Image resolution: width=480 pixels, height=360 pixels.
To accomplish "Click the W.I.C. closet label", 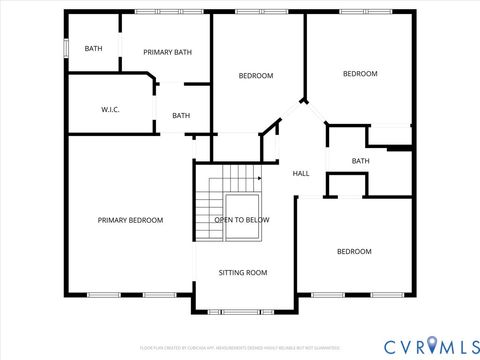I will coord(110,109).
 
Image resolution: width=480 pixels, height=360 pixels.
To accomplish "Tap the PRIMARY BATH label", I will coord(167,52).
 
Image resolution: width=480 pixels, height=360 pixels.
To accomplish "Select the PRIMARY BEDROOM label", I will coord(130,220).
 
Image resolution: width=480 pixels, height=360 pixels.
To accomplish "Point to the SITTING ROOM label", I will coord(243,272).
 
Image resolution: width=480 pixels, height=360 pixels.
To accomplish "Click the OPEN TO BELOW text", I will coord(241,220).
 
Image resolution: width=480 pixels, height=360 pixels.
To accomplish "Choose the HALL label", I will coord(301,173).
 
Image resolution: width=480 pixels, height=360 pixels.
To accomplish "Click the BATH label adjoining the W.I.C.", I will coord(181,115).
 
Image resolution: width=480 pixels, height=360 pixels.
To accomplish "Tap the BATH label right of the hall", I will coord(361,161).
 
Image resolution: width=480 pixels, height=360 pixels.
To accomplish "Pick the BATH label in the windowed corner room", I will coord(93,48).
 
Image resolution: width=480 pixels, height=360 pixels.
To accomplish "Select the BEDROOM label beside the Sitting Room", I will coord(353,251).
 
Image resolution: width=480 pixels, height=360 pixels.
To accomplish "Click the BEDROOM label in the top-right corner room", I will coord(360,73).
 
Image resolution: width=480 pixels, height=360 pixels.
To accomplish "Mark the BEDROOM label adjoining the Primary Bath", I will coord(256,76).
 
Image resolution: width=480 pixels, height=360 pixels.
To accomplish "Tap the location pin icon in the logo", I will coord(432,345).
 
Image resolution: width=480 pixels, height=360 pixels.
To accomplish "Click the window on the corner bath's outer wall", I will coord(66,48).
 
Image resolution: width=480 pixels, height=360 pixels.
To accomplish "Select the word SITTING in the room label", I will coord(232,272).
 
